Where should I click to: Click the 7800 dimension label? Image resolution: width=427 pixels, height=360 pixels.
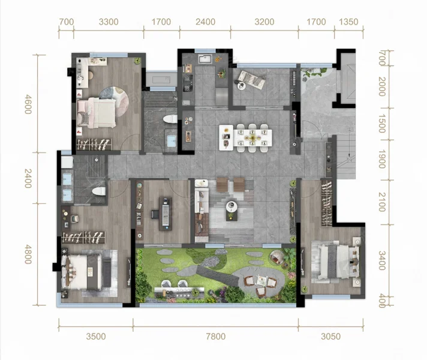[216, 336]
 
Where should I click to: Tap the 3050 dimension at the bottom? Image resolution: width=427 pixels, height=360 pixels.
[330, 336]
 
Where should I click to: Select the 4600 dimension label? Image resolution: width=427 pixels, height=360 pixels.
[28, 104]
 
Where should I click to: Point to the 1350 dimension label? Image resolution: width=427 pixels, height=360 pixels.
[348, 22]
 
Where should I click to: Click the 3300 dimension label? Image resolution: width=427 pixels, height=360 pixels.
[109, 22]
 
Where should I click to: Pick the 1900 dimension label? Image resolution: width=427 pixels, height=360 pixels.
[382, 159]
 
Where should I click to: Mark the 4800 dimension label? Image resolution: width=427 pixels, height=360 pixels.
[28, 254]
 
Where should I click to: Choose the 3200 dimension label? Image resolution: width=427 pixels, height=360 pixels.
[264, 22]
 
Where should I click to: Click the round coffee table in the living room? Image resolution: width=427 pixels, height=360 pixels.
[231, 206]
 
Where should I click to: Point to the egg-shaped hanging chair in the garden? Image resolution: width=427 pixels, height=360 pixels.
[277, 257]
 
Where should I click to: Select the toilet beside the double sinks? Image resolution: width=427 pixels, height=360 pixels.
[98, 191]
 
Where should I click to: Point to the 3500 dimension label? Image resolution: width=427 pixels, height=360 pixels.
[96, 336]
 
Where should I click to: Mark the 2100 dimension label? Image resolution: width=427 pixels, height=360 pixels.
[382, 202]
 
